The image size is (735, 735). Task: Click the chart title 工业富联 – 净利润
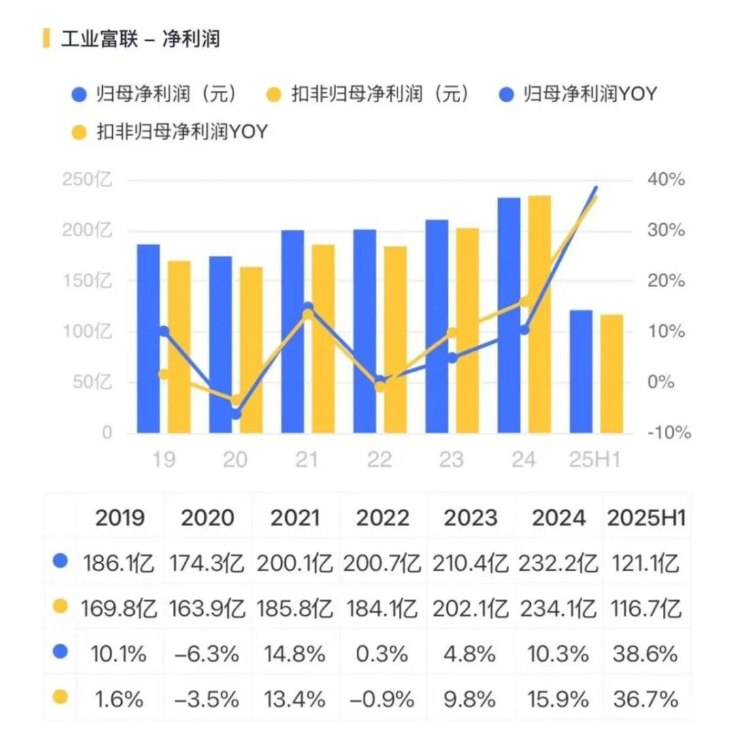click(x=140, y=39)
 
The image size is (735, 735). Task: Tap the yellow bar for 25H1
click(x=611, y=374)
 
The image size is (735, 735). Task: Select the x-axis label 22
click(x=379, y=460)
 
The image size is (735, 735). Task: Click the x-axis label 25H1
click(x=595, y=460)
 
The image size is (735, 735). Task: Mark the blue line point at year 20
click(x=235, y=413)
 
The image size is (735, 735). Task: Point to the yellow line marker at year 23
click(x=452, y=333)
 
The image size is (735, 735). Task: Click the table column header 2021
click(x=295, y=518)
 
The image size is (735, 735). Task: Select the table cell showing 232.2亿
click(x=557, y=563)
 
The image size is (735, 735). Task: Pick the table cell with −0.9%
click(x=381, y=699)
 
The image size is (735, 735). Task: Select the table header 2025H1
click(x=645, y=518)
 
